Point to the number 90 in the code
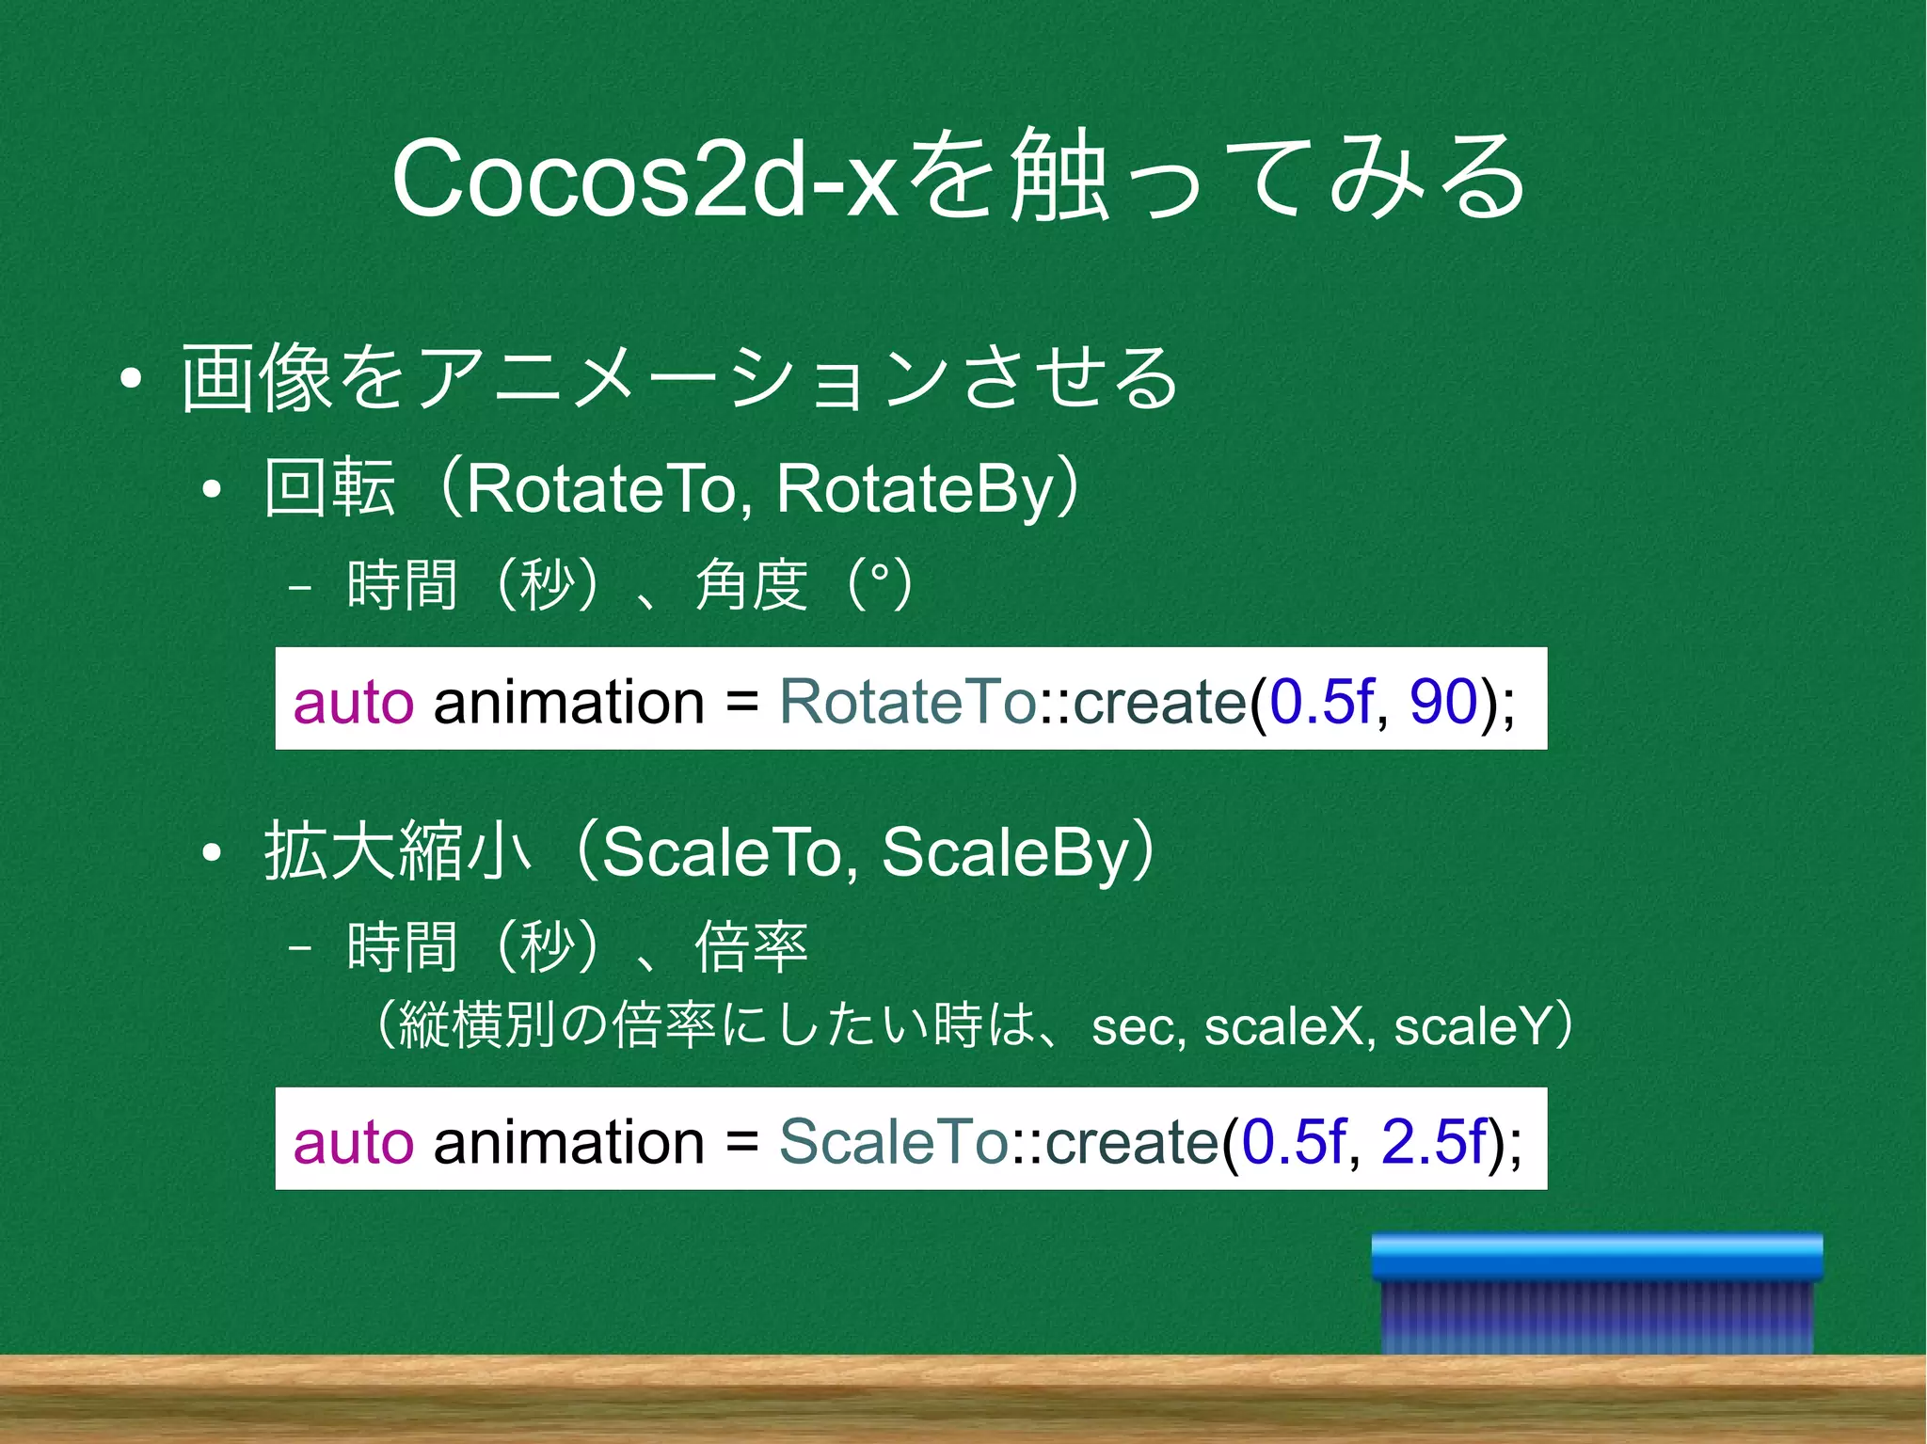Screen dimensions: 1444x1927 point(1441,702)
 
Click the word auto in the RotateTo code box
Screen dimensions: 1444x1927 point(353,702)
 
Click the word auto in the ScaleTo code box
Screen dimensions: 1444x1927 point(353,1142)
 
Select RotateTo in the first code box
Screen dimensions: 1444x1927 point(907,702)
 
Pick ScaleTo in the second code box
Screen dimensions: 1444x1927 point(893,1142)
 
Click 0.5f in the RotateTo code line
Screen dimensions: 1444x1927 point(1320,702)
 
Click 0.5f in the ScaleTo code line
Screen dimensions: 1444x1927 point(1293,1142)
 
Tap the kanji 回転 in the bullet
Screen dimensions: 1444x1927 point(329,489)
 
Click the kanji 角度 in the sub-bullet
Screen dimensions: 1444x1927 point(751,585)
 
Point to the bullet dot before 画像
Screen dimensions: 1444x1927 point(131,379)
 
